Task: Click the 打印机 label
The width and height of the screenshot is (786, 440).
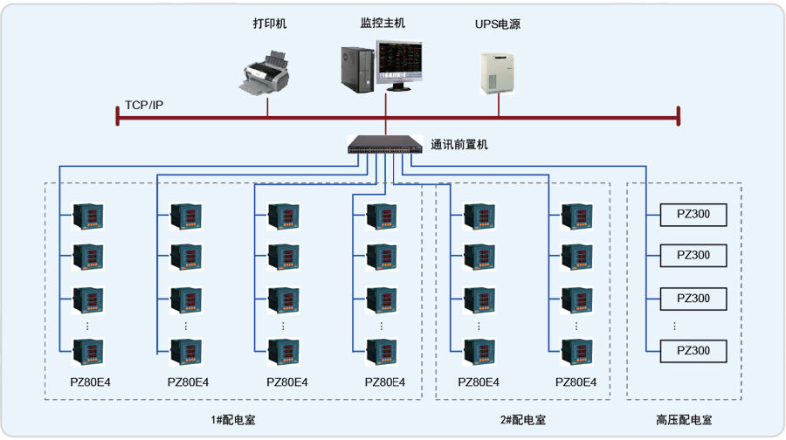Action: tap(270, 24)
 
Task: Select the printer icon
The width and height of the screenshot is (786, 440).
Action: tap(264, 72)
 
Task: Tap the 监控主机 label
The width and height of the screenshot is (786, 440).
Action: tap(383, 23)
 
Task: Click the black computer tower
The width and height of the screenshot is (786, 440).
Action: tap(357, 69)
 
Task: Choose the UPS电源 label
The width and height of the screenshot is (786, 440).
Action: tap(497, 24)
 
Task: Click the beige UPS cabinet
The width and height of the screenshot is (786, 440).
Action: tap(497, 73)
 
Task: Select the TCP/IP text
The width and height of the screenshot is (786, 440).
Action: tap(144, 106)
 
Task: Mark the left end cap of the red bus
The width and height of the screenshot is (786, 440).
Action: tap(117, 116)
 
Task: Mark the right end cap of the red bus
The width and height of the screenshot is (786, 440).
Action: tap(679, 116)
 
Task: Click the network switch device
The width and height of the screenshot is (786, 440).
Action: tap(385, 144)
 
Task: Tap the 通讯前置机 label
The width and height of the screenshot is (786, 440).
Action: tap(459, 145)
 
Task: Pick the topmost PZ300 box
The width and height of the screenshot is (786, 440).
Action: tap(693, 215)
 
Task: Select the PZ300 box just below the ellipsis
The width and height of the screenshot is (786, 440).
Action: tap(693, 351)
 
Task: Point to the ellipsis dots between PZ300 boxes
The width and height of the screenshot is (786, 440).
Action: tap(674, 327)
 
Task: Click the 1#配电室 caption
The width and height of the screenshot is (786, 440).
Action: tap(233, 420)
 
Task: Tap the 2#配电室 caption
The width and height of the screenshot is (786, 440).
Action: tap(523, 420)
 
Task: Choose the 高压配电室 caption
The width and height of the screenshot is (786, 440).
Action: tap(684, 420)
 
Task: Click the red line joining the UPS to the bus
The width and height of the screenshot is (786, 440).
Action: tap(499, 106)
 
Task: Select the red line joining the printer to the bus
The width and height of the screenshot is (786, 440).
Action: tap(267, 107)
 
